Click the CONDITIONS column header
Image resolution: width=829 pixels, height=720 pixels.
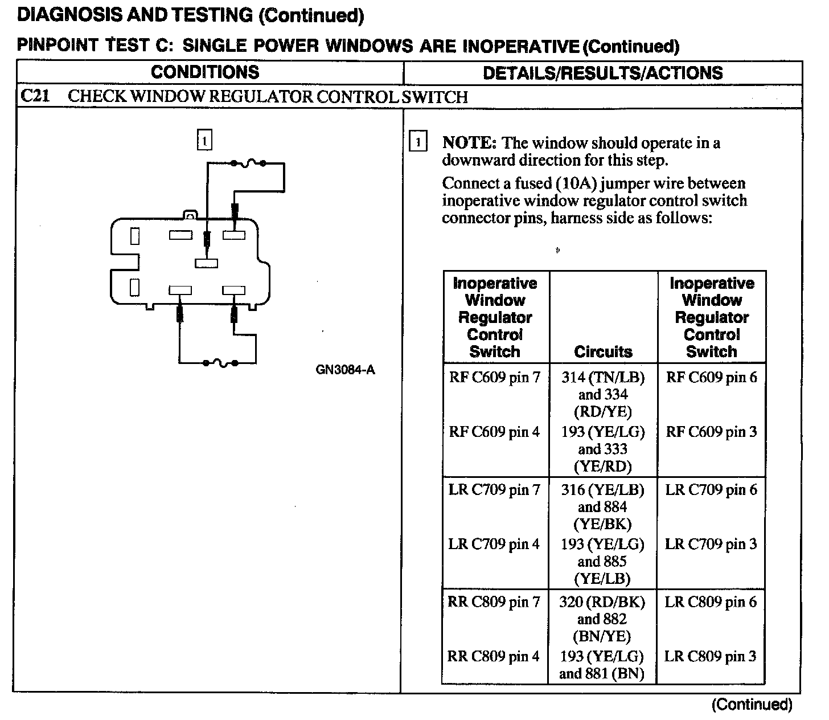pos(205,72)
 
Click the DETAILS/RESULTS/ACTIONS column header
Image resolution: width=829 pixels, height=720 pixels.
pos(602,73)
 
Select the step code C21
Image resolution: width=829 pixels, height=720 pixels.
pos(34,96)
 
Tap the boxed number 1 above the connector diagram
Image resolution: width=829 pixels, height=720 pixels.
pos(204,140)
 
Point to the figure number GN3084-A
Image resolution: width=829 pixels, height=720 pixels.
pos(345,370)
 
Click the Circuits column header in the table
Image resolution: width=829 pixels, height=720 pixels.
pos(603,351)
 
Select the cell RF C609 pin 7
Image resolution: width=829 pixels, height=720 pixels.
pos(494,377)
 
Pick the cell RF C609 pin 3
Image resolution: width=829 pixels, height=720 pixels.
pos(711,432)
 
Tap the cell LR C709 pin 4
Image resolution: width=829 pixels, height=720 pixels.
pos(494,544)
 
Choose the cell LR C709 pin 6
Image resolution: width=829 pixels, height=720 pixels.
pos(711,490)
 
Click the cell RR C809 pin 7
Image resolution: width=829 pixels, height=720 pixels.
pos(494,602)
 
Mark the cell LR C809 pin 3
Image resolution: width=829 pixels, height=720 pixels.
pos(711,656)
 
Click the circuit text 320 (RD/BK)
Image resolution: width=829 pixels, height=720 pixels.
pos(602,602)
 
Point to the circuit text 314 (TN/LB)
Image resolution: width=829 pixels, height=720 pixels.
pos(603,377)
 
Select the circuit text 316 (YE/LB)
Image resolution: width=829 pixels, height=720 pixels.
pos(602,490)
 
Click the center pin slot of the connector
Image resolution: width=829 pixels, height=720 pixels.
pos(206,263)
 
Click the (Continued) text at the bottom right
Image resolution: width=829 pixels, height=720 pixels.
pos(752,705)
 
